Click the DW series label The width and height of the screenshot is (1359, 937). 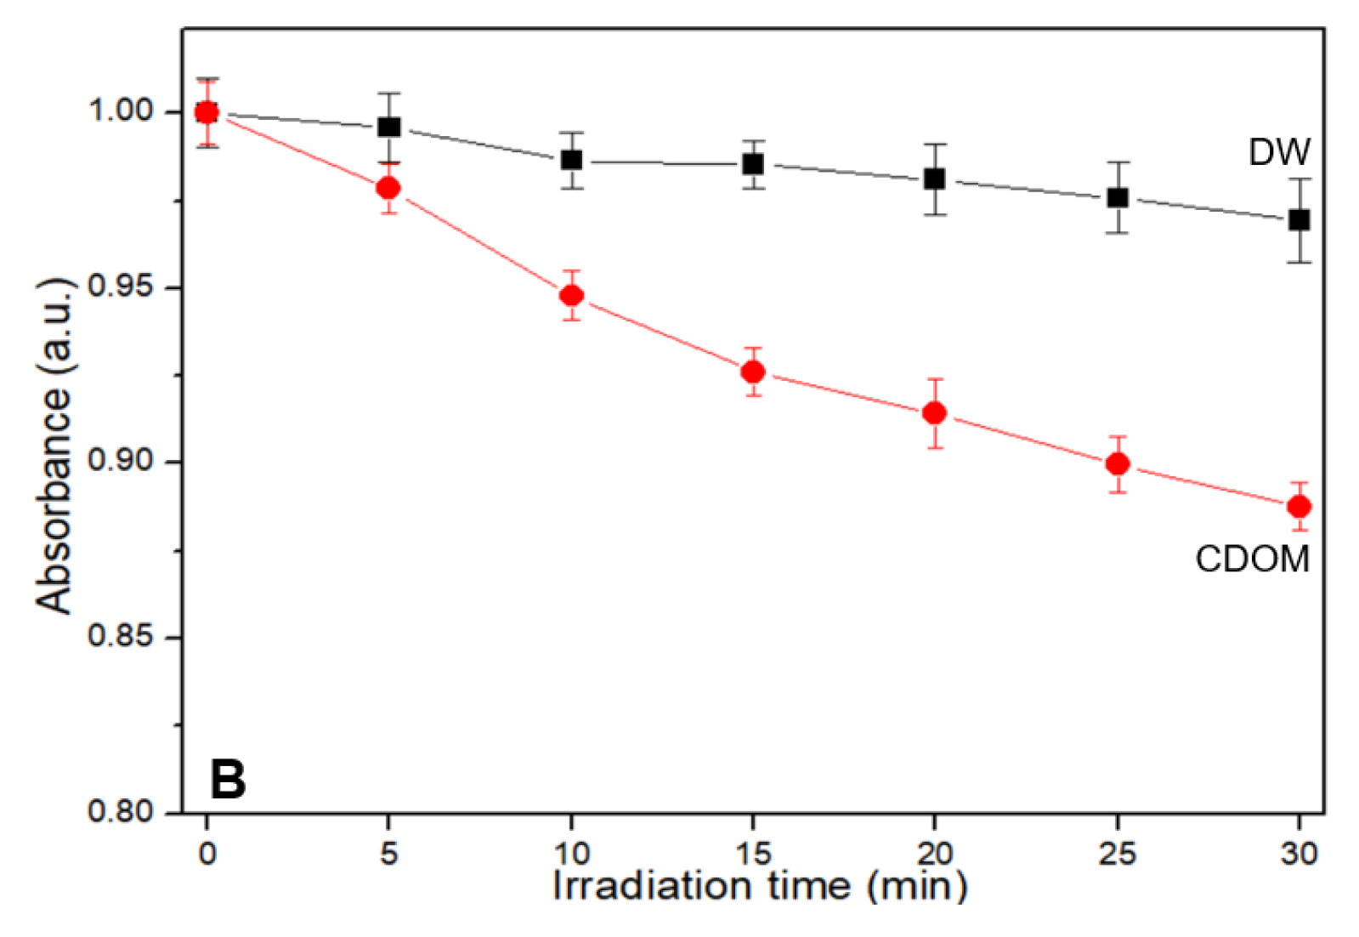pos(1278,153)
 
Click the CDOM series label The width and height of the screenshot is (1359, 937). pos(1251,559)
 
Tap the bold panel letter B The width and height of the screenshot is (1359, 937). pos(227,779)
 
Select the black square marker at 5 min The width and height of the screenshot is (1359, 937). pos(389,128)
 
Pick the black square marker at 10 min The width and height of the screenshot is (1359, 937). pos(572,160)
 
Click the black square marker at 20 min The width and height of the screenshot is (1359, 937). pos(935,179)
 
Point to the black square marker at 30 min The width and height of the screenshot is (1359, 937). pos(1299,220)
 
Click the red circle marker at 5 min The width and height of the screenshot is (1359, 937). pos(388,188)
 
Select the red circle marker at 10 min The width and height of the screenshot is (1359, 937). pos(572,296)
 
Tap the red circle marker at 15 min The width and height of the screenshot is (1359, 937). pos(753,372)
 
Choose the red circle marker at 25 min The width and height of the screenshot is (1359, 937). pos(1118,464)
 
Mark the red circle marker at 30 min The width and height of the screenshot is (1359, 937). pos(1299,507)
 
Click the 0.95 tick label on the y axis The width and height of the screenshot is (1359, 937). pos(121,287)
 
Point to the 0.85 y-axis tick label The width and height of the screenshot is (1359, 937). pos(121,636)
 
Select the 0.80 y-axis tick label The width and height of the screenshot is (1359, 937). pos(121,811)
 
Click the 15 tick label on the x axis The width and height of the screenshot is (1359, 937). pos(753,853)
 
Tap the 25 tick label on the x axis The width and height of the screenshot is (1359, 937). pos(1117,853)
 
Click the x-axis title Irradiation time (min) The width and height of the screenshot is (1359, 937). pos(759,886)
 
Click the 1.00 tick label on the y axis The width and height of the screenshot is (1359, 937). pos(121,111)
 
